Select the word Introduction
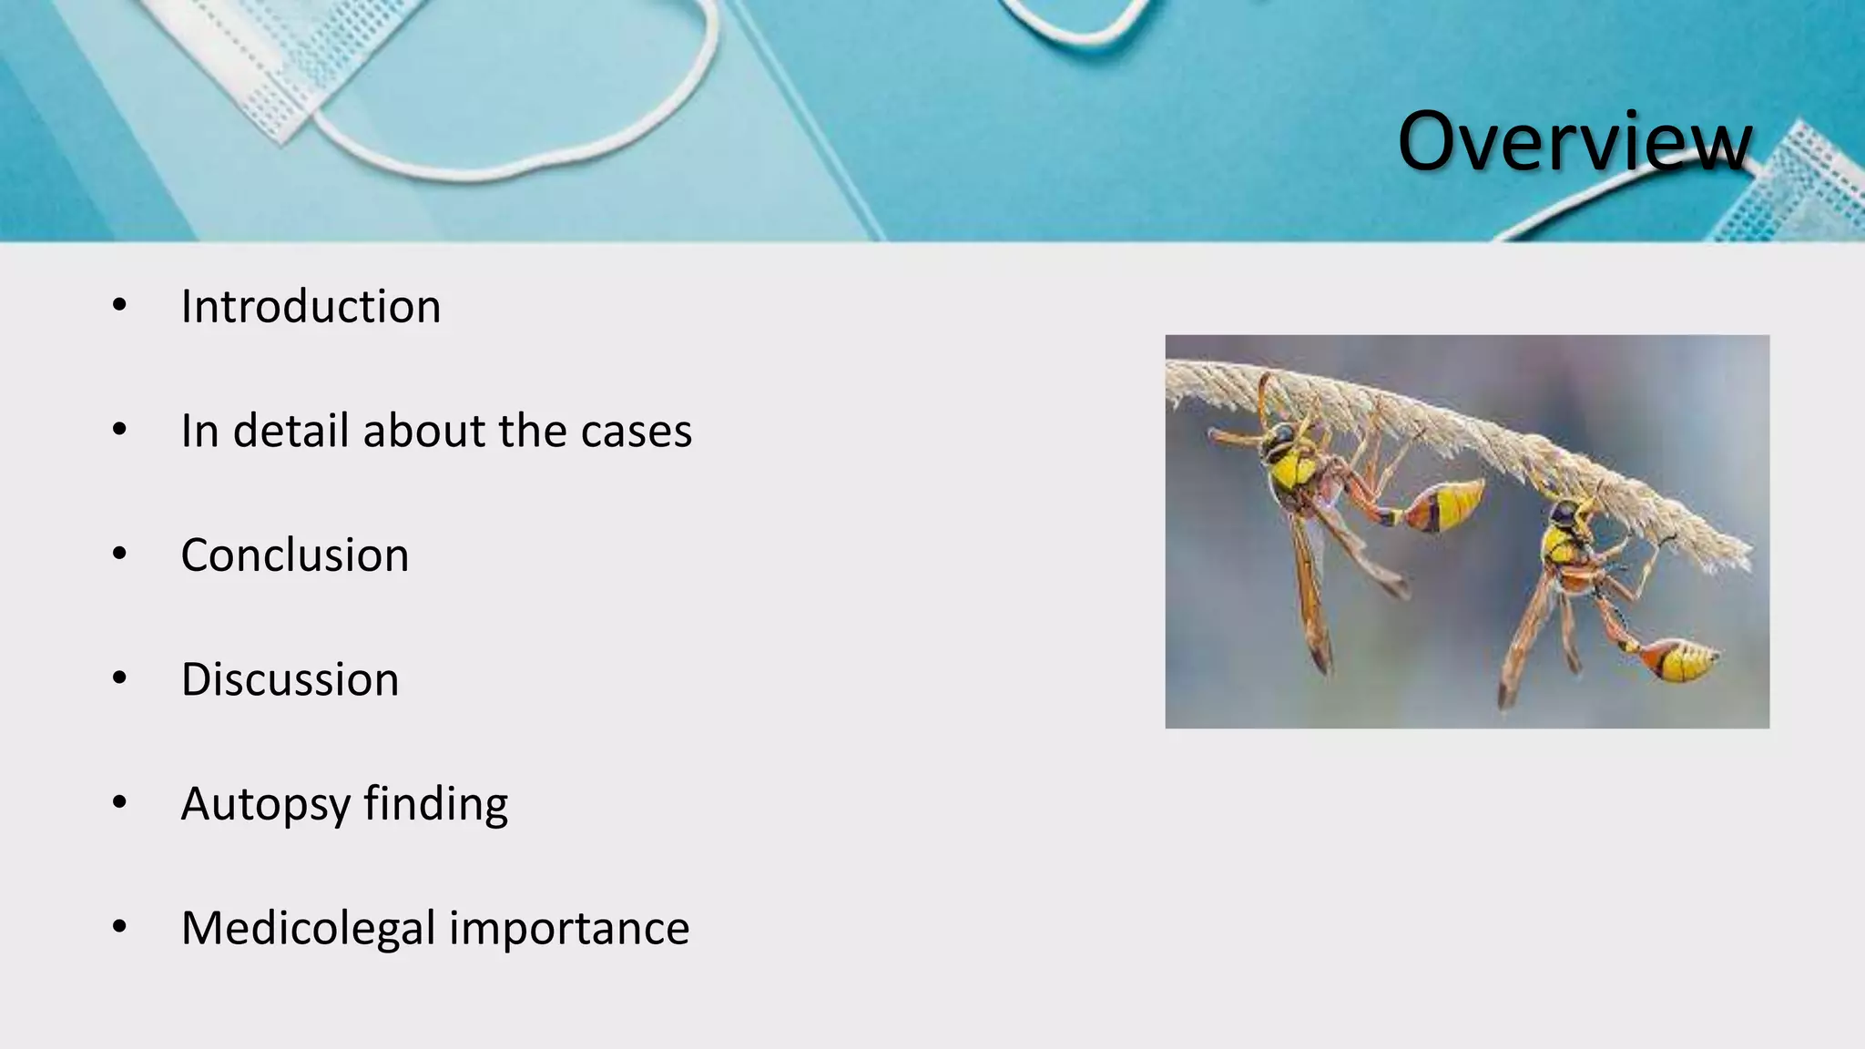[311, 307]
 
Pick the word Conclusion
[295, 555]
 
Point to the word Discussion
[290, 680]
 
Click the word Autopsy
[265, 805]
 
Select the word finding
[435, 805]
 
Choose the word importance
[568, 929]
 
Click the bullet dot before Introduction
[119, 306]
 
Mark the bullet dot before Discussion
[119, 678]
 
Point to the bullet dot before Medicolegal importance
[119, 927]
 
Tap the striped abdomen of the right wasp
[1680, 660]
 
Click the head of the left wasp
[1279, 443]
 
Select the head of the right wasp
[1564, 516]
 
